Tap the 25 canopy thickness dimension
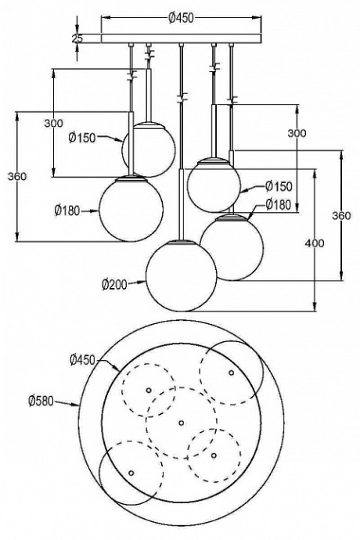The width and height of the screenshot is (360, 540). (x=77, y=38)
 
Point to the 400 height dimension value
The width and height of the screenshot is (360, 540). (x=314, y=244)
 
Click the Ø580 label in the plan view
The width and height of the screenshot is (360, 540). (x=41, y=401)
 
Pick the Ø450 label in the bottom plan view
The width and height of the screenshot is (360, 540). (x=82, y=360)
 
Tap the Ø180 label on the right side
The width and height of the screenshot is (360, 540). (x=279, y=204)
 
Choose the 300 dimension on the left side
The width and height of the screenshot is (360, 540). (x=54, y=124)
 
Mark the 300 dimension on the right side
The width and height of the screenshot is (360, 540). (x=297, y=134)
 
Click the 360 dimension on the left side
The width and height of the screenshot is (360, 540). (x=16, y=177)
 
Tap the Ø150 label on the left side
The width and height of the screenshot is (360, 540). (x=81, y=138)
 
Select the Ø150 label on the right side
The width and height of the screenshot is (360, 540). (x=279, y=186)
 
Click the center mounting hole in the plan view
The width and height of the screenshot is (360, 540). (x=181, y=423)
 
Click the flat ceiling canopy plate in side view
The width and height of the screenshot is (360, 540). (x=182, y=38)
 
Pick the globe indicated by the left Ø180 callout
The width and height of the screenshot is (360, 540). (x=131, y=208)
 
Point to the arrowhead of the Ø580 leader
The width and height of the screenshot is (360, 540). (x=80, y=405)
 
